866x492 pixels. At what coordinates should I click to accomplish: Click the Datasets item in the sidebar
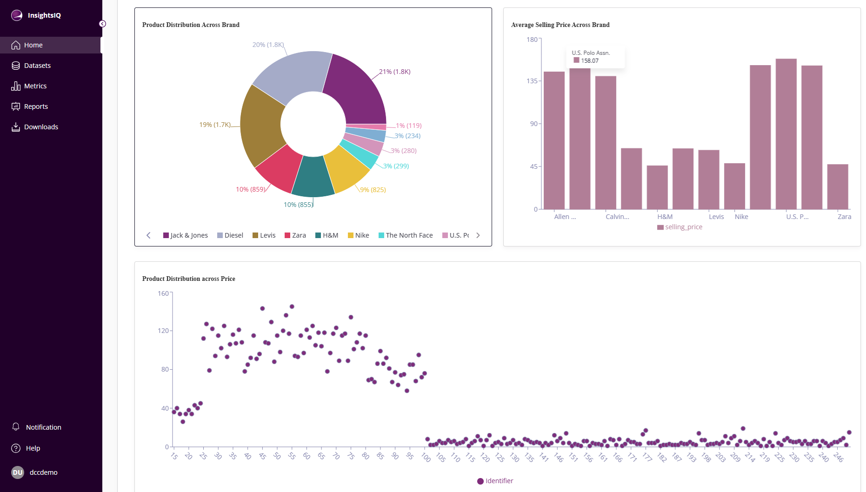[37, 66]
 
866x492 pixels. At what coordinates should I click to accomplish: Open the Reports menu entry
[36, 106]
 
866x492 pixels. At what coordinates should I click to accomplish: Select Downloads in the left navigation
[41, 127]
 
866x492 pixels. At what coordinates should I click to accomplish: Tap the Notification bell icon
[16, 427]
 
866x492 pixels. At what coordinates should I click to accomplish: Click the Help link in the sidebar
[33, 448]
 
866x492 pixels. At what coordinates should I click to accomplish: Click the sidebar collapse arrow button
[102, 24]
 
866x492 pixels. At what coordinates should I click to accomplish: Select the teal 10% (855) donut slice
[313, 177]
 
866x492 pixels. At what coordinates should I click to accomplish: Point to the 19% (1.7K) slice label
[215, 125]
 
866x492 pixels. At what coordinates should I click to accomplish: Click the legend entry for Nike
[359, 235]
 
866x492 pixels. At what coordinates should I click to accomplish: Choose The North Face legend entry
[406, 235]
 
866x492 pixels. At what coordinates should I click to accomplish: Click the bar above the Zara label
[837, 186]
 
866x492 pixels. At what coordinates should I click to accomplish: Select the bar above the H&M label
[657, 187]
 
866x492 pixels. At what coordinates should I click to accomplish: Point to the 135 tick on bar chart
[532, 81]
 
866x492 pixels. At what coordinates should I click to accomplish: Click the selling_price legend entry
[680, 227]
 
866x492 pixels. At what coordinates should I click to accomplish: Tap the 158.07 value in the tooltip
[589, 61]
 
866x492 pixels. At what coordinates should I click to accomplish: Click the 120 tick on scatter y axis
[163, 331]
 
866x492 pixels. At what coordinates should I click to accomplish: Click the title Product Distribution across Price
[188, 279]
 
